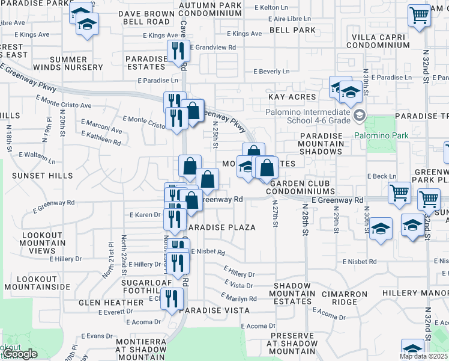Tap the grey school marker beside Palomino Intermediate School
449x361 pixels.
tap(359, 115)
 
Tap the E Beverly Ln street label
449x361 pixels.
tap(271, 71)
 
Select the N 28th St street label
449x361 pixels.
tap(305, 223)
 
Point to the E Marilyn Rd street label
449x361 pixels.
tap(238, 298)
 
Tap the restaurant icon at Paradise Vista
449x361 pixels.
tap(172, 298)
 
